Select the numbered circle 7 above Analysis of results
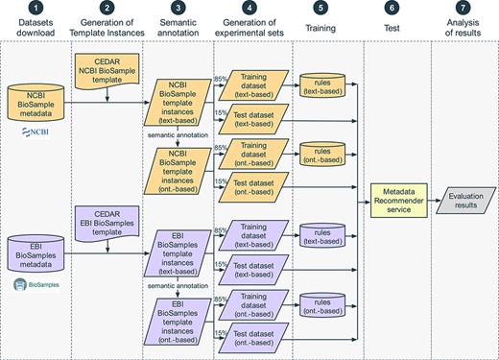click(463, 12)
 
